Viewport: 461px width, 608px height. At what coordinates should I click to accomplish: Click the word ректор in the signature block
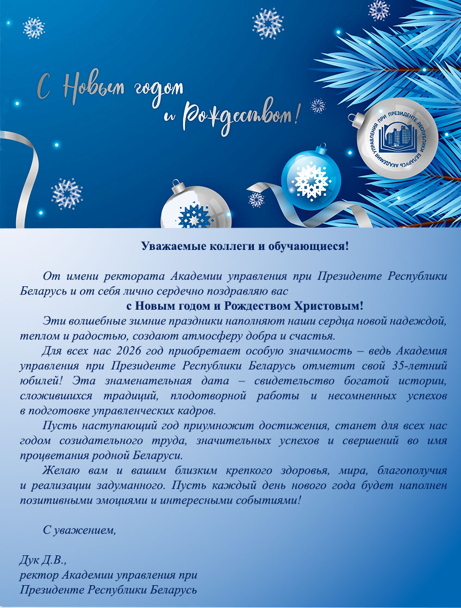(x=39, y=574)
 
